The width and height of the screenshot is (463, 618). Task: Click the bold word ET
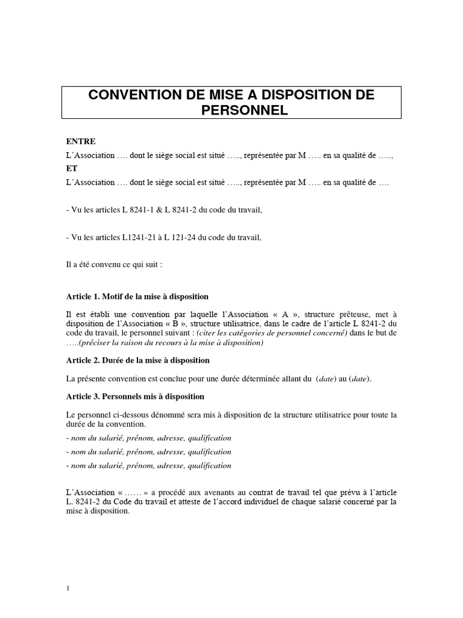[71, 169]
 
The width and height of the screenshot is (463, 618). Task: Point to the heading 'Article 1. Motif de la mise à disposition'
[137, 296]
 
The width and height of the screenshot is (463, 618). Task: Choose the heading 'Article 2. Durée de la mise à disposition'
[138, 360]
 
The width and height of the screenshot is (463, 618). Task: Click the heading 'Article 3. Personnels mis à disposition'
[135, 397]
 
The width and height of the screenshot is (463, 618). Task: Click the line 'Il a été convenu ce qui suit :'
[114, 264]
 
